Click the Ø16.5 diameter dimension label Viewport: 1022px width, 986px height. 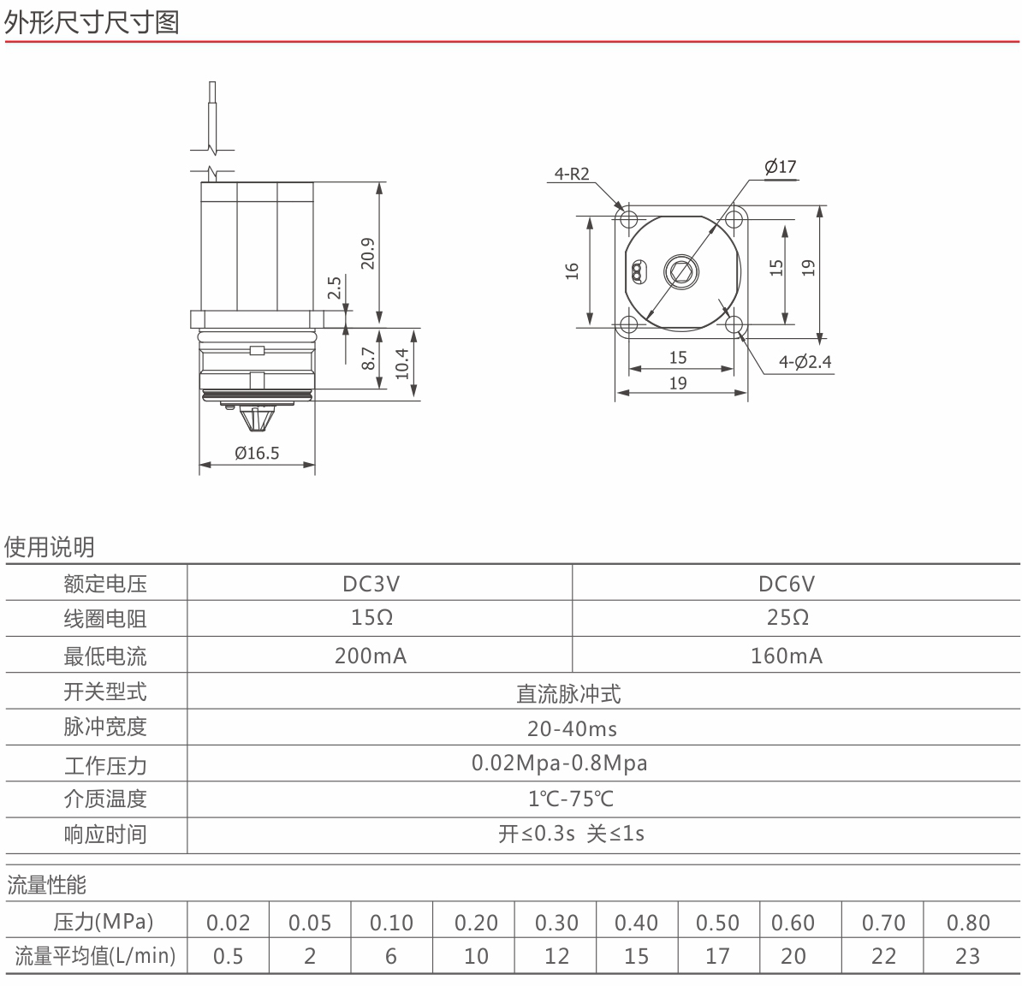tap(257, 452)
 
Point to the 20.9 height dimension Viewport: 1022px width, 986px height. tap(368, 252)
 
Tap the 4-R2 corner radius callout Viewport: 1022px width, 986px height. tap(572, 174)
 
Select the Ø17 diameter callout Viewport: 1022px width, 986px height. tap(780, 167)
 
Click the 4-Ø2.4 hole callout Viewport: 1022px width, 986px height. tap(805, 362)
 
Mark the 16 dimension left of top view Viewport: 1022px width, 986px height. tap(572, 270)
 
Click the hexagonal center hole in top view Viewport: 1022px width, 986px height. tap(681, 271)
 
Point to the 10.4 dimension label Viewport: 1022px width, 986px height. tap(401, 363)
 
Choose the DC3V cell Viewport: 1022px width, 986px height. tap(371, 583)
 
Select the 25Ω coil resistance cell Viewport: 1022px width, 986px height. tap(787, 617)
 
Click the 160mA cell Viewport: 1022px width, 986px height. tap(786, 655)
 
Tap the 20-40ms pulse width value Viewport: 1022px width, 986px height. tap(572, 728)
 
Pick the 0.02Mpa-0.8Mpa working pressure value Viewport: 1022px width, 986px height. tap(559, 763)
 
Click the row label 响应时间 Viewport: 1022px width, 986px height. tap(105, 835)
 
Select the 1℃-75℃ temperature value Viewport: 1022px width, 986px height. tap(570, 799)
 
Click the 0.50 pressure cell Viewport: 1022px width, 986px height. tap(717, 923)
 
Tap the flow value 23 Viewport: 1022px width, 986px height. tap(967, 956)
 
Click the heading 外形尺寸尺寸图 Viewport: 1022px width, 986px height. tap(92, 22)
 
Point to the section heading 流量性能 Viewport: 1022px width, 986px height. tap(46, 885)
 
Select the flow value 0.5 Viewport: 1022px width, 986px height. tap(229, 956)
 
